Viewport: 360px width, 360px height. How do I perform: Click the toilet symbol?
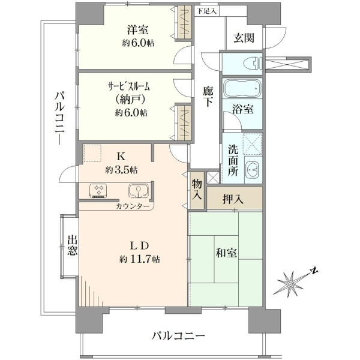[x=253, y=63]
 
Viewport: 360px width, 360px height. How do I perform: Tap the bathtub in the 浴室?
[x=242, y=88]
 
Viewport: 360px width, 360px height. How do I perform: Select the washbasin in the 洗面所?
[x=252, y=170]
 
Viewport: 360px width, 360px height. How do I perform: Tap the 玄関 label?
[x=244, y=38]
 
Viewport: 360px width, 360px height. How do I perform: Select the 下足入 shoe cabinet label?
[x=207, y=11]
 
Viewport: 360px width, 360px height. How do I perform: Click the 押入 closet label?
[x=233, y=199]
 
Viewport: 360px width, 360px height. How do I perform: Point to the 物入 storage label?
[x=197, y=189]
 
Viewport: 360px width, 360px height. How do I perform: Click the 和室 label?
[x=226, y=253]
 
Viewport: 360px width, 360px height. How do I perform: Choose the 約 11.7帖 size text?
[x=140, y=259]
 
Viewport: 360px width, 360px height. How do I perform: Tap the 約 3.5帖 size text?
[x=121, y=170]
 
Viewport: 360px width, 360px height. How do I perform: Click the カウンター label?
[x=133, y=206]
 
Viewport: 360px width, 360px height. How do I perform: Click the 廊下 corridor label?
[x=208, y=97]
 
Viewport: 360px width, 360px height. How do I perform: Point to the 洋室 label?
[x=138, y=30]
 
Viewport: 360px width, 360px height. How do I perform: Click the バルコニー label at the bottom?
[x=178, y=337]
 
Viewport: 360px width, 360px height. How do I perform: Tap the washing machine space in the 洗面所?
[x=252, y=144]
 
